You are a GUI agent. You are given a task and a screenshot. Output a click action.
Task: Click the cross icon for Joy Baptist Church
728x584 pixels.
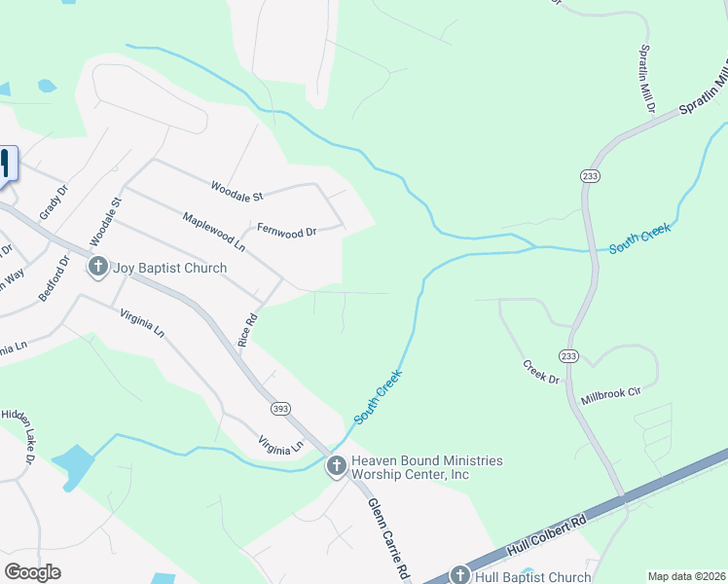coord(97,267)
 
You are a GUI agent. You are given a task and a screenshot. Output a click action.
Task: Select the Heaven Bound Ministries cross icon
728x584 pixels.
coord(337,467)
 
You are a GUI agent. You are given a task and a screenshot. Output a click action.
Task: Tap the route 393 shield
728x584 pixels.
coord(279,407)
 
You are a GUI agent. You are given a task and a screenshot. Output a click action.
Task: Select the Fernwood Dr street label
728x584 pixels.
coord(286,232)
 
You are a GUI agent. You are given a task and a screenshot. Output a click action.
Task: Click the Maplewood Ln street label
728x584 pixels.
coord(214,229)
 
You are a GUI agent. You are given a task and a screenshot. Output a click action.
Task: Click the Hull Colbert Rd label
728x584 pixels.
coord(546,539)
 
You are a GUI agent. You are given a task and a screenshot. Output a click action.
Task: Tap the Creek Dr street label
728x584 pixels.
coord(541,372)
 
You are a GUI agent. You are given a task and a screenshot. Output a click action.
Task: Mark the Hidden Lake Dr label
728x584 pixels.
coord(17,437)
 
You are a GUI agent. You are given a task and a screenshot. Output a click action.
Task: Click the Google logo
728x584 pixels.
coord(33,572)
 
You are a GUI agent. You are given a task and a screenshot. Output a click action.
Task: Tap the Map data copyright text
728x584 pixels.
coord(686,576)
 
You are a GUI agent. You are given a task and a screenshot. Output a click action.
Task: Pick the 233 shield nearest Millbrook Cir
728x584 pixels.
coord(568,357)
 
